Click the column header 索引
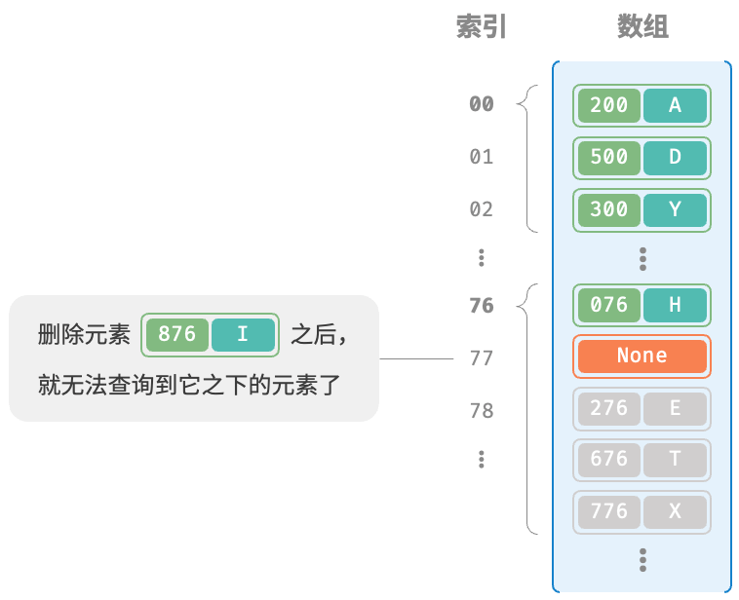pyautogui.click(x=482, y=26)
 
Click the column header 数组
pyautogui.click(x=642, y=26)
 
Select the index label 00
pyautogui.click(x=482, y=104)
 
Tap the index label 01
pyautogui.click(x=482, y=157)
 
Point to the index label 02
pyautogui.click(x=482, y=209)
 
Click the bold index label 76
pyautogui.click(x=482, y=306)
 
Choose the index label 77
pyautogui.click(x=482, y=358)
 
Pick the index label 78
pyautogui.click(x=482, y=411)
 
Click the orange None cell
pyautogui.click(x=642, y=356)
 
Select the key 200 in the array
pyautogui.click(x=609, y=105)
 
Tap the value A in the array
pyautogui.click(x=675, y=105)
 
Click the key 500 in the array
pyautogui.click(x=609, y=158)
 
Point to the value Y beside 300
pyautogui.click(x=675, y=209)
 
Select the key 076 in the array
pyautogui.click(x=609, y=305)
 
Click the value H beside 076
pyautogui.click(x=675, y=305)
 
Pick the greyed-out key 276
pyautogui.click(x=609, y=408)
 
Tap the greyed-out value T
pyautogui.click(x=675, y=460)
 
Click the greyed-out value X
pyautogui.click(x=675, y=511)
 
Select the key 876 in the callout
pyautogui.click(x=177, y=335)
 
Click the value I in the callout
pyautogui.click(x=243, y=335)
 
